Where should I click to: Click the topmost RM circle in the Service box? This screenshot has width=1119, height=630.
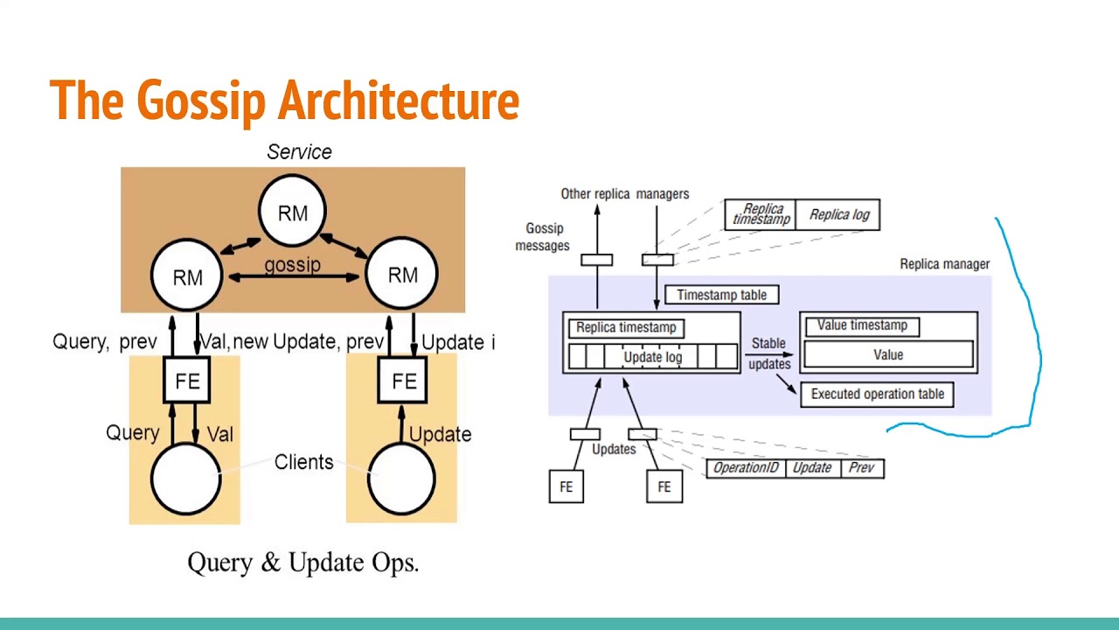coord(292,211)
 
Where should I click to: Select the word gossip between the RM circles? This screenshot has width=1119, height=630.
coord(292,264)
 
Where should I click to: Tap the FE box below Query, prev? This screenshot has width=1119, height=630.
coord(187,381)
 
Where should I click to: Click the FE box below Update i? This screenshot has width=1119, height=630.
coord(403,381)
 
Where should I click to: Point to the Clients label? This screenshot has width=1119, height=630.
coord(303,462)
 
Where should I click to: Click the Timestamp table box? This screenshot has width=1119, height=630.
coord(722,295)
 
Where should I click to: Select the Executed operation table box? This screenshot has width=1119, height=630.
coord(877,395)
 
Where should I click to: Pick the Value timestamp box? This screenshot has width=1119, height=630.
coord(863,326)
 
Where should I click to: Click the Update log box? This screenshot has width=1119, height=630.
coord(653,357)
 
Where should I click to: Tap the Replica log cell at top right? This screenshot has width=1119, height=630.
coord(838,215)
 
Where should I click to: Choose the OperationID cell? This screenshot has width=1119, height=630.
coord(746,468)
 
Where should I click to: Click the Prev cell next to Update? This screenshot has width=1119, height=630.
coord(862,468)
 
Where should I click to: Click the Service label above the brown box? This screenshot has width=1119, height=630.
coord(299,152)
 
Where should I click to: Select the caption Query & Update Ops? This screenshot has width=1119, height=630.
coord(303,563)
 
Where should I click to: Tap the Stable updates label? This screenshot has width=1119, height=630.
coord(769,353)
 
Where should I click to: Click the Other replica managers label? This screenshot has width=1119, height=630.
coord(625,194)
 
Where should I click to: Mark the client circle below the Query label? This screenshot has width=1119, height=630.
coord(186,479)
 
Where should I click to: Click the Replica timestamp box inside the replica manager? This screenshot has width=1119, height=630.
coord(627,328)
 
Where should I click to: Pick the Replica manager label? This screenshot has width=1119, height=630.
coord(945,264)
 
